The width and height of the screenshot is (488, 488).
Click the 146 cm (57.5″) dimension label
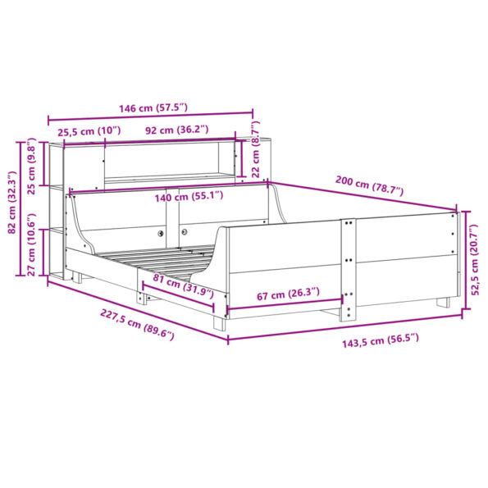(152, 107)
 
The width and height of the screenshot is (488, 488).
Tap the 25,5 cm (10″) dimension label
(89, 130)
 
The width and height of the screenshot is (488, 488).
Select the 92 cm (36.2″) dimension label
(177, 130)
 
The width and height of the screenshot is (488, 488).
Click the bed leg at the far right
(444, 300)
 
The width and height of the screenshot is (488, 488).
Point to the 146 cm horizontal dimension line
(152, 117)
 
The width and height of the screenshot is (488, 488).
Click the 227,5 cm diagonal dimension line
(131, 309)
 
